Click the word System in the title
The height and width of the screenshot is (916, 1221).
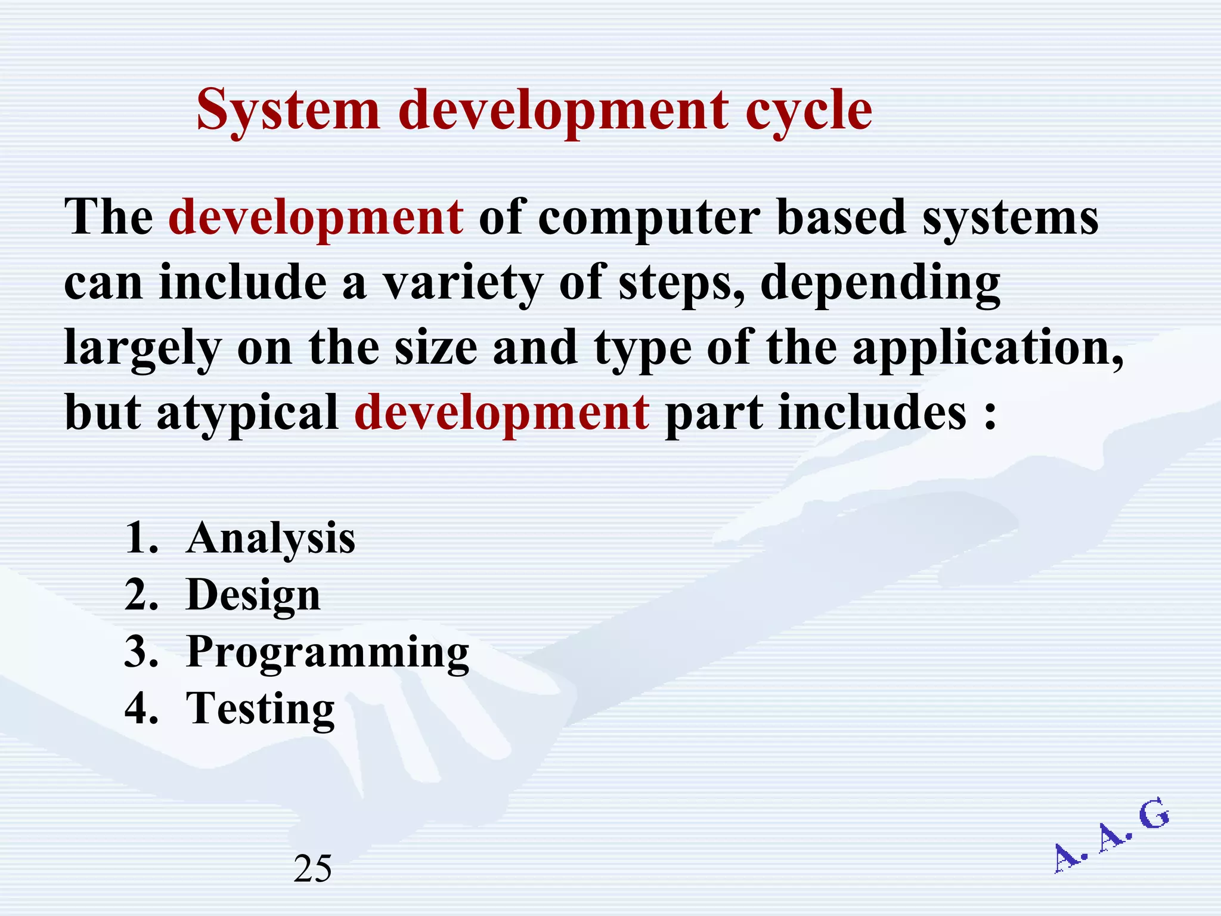click(x=288, y=110)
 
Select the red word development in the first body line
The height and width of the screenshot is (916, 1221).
click(x=316, y=217)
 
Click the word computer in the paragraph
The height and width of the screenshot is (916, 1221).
click(x=649, y=218)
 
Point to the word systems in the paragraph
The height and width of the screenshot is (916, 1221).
click(x=1010, y=218)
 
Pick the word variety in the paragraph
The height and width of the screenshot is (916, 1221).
click(x=462, y=283)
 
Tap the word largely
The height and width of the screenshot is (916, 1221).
click(x=142, y=348)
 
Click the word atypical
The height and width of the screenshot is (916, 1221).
click(x=247, y=413)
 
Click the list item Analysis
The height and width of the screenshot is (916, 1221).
click(x=271, y=539)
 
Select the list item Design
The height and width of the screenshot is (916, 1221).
click(x=253, y=595)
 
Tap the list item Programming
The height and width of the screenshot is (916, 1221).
click(x=328, y=652)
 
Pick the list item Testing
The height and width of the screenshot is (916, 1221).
click(x=261, y=708)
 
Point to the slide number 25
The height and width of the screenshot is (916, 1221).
click(x=313, y=869)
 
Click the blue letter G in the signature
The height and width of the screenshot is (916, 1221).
click(x=1153, y=815)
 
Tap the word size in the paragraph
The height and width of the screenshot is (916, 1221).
click(x=436, y=348)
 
